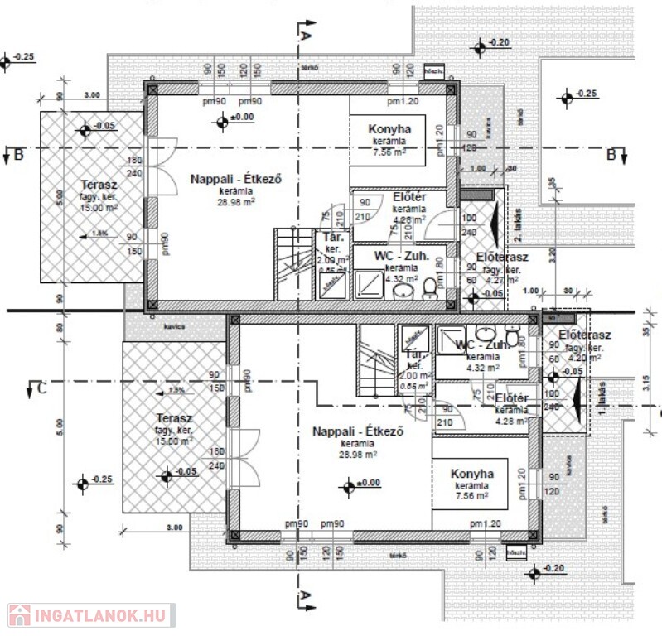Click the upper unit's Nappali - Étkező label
tap(222, 179)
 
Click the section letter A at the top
tap(304, 36)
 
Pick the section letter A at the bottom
tap(304, 595)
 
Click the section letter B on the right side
tap(611, 154)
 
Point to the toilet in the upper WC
tap(429, 287)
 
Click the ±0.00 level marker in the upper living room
tap(221, 123)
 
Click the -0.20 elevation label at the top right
tap(499, 41)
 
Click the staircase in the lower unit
tap(375, 360)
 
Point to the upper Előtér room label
tap(408, 199)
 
